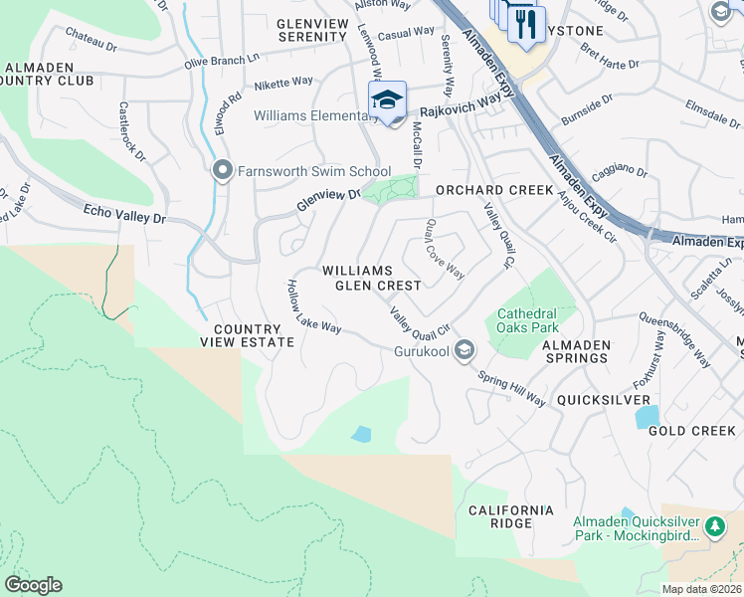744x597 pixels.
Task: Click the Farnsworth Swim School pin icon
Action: (222, 170)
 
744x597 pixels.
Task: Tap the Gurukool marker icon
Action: (464, 350)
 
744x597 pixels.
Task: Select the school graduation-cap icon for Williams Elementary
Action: (387, 99)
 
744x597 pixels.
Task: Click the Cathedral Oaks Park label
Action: (526, 319)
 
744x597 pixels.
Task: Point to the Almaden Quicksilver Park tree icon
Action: (714, 524)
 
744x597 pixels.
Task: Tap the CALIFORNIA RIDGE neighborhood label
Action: (511, 517)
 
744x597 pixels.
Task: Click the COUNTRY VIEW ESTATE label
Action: (254, 335)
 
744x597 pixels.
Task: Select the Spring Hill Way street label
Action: (511, 388)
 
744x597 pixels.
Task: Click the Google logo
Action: (34, 584)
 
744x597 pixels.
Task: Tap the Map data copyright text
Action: (700, 589)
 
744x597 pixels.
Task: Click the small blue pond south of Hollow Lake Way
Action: (361, 434)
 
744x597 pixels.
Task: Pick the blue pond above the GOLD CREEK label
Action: (647, 416)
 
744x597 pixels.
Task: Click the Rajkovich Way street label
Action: (459, 105)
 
